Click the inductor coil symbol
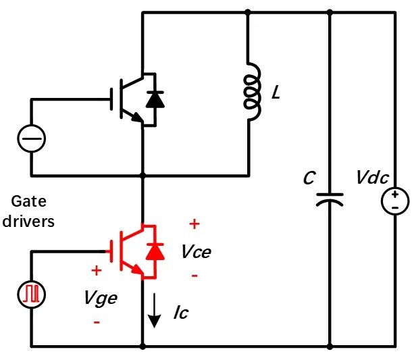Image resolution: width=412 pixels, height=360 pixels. (251, 93)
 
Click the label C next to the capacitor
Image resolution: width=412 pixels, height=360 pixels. (309, 178)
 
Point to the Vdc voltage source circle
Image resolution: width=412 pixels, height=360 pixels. (395, 201)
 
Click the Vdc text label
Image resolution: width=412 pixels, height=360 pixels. (372, 178)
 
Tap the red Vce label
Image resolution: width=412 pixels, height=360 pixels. (196, 252)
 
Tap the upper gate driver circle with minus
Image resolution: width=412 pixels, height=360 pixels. (31, 140)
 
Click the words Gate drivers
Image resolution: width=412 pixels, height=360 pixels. (32, 211)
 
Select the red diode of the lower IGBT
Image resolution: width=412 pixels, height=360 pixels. (155, 251)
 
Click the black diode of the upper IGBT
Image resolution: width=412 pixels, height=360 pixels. (155, 99)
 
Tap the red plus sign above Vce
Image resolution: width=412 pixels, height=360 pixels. (194, 224)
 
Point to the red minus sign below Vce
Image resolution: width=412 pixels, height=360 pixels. (195, 276)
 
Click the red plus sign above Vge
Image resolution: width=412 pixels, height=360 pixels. (97, 270)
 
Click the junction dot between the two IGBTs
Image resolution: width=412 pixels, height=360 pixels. (143, 176)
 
